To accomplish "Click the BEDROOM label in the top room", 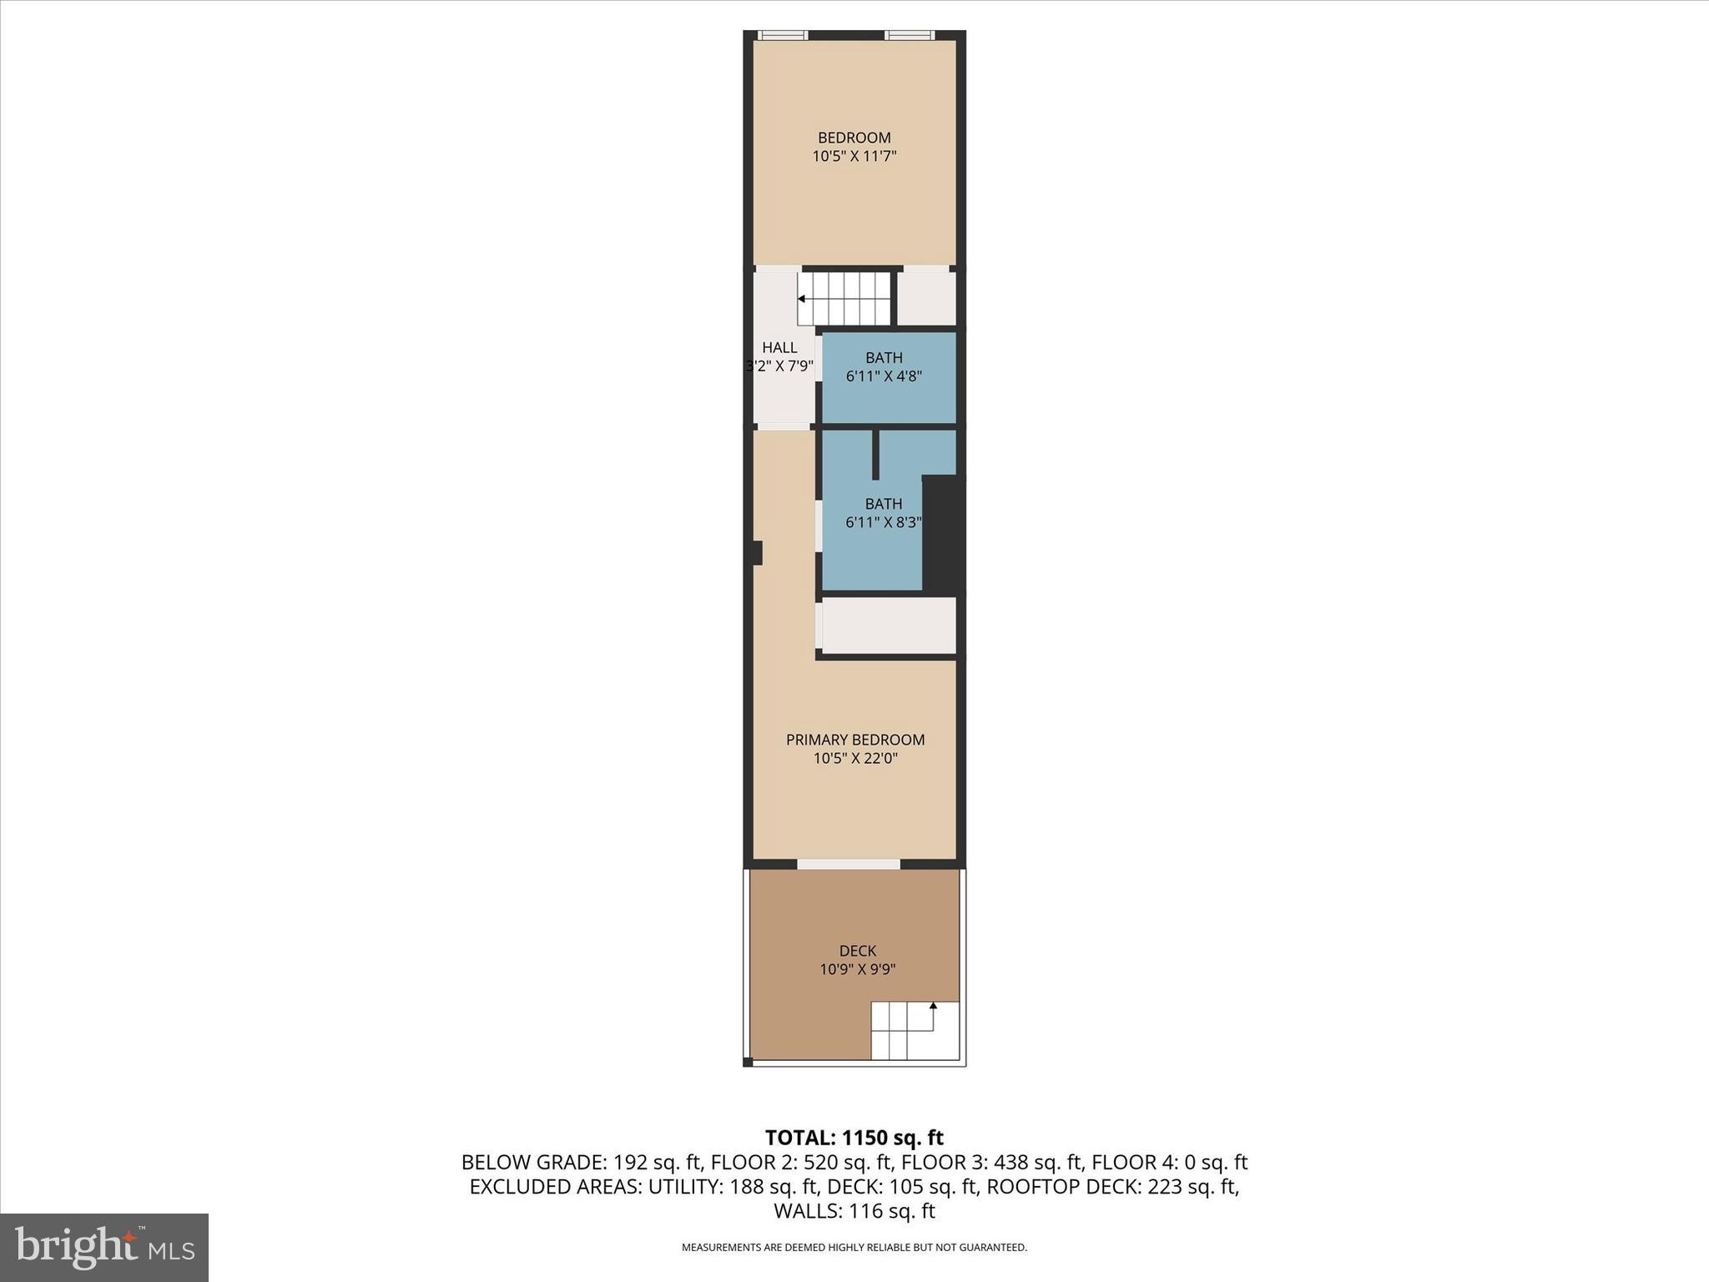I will click(854, 138).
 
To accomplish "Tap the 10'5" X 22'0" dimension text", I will click(855, 759).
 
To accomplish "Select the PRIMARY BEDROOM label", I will click(855, 739).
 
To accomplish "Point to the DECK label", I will click(858, 951).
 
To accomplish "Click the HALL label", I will click(779, 348).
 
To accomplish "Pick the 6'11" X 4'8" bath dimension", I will click(884, 376).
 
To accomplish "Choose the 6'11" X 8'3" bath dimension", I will click(883, 522).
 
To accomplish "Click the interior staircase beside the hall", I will click(844, 298).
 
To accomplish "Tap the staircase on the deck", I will click(915, 1030).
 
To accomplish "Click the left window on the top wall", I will click(783, 35).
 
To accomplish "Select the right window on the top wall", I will click(909, 35).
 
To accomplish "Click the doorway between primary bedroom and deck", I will click(848, 864).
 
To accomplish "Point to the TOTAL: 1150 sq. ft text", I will click(854, 1138).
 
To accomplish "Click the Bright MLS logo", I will click(104, 1247).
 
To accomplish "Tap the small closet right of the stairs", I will click(926, 296).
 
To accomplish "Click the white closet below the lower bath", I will click(889, 625).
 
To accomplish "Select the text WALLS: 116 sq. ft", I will click(854, 1211).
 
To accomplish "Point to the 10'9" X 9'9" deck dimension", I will click(857, 970).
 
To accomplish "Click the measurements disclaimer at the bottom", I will click(854, 1248).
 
